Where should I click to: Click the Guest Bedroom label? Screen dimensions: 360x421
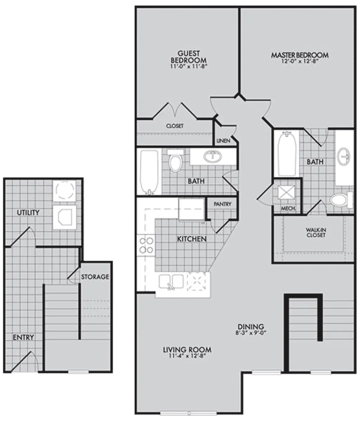(188, 57)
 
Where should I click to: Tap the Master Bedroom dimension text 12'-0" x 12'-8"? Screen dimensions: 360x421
(300, 61)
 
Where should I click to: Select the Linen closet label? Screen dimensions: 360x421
(223, 141)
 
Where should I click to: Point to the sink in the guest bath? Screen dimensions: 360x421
(213, 156)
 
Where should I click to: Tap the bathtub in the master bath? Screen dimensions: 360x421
(287, 154)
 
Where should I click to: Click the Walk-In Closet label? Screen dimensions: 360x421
(315, 232)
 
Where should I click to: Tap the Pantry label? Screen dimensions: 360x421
(222, 204)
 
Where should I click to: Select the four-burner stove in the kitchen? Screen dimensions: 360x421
(146, 245)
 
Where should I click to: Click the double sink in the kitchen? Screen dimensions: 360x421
(171, 282)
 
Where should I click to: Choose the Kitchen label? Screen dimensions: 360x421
(192, 239)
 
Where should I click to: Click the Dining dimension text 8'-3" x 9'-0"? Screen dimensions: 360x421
(251, 333)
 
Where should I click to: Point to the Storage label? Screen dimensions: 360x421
(95, 277)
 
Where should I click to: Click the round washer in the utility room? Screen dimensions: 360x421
(65, 190)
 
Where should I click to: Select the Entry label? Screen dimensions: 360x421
(24, 338)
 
